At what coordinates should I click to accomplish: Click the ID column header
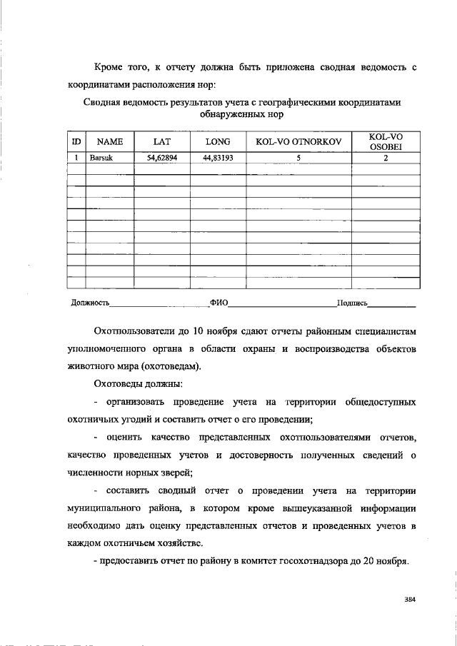pos(76,141)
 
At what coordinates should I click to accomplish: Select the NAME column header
pos(110,141)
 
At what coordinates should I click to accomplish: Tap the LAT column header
pos(161,141)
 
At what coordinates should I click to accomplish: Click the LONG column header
pos(218,141)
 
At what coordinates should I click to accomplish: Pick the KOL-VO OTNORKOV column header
pos(298,141)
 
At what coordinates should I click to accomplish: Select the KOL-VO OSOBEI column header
pos(386,141)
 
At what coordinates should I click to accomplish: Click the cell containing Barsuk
pos(101,158)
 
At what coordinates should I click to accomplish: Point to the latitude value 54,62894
pos(162,158)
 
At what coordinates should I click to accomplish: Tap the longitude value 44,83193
pos(218,158)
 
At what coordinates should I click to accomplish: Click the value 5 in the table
pos(298,158)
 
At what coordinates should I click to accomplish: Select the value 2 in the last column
pos(386,158)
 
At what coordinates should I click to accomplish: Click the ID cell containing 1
pos(76,158)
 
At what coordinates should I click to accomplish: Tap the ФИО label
pos(219,303)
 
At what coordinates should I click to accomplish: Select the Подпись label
pos(353,303)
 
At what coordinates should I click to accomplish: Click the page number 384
pos(409,599)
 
